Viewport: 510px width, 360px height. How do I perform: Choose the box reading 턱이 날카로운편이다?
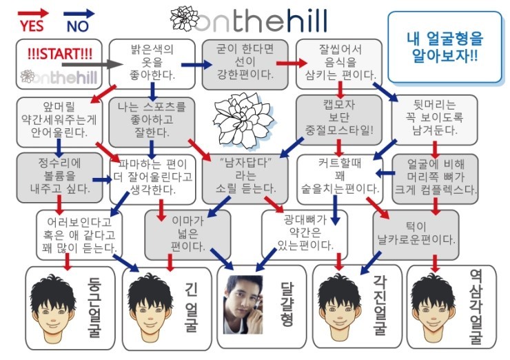[416, 233]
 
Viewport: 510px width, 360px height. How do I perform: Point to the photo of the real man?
[243, 304]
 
